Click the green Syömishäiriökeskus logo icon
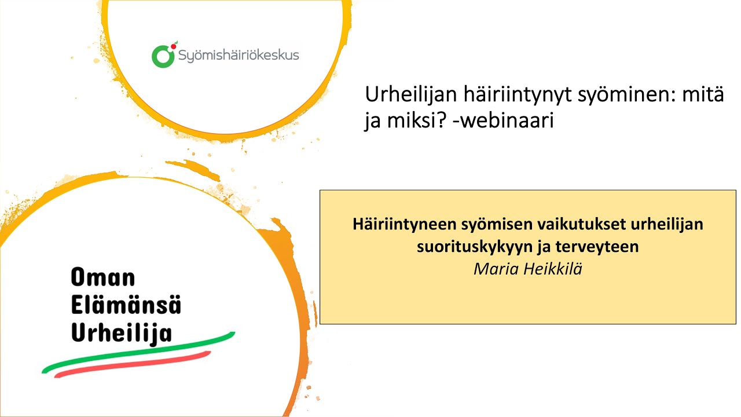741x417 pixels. tap(163, 55)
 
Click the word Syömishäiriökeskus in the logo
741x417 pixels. tap(238, 56)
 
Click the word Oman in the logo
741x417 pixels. tap(102, 278)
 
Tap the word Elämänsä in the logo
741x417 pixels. tap(126, 305)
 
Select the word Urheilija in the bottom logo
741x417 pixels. tap(122, 332)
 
